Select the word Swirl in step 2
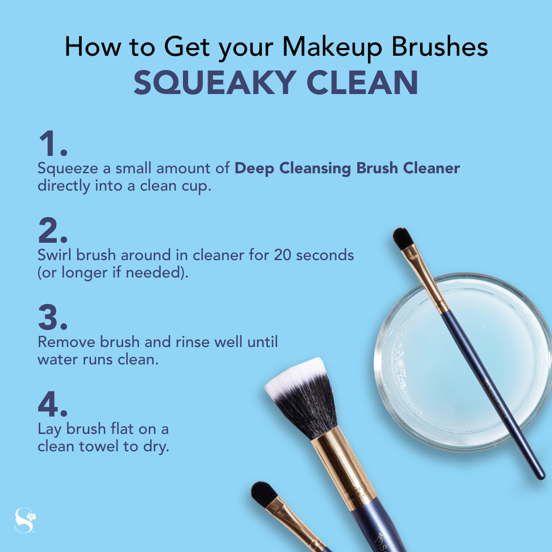click(x=55, y=255)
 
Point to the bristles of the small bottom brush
click(x=264, y=494)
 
